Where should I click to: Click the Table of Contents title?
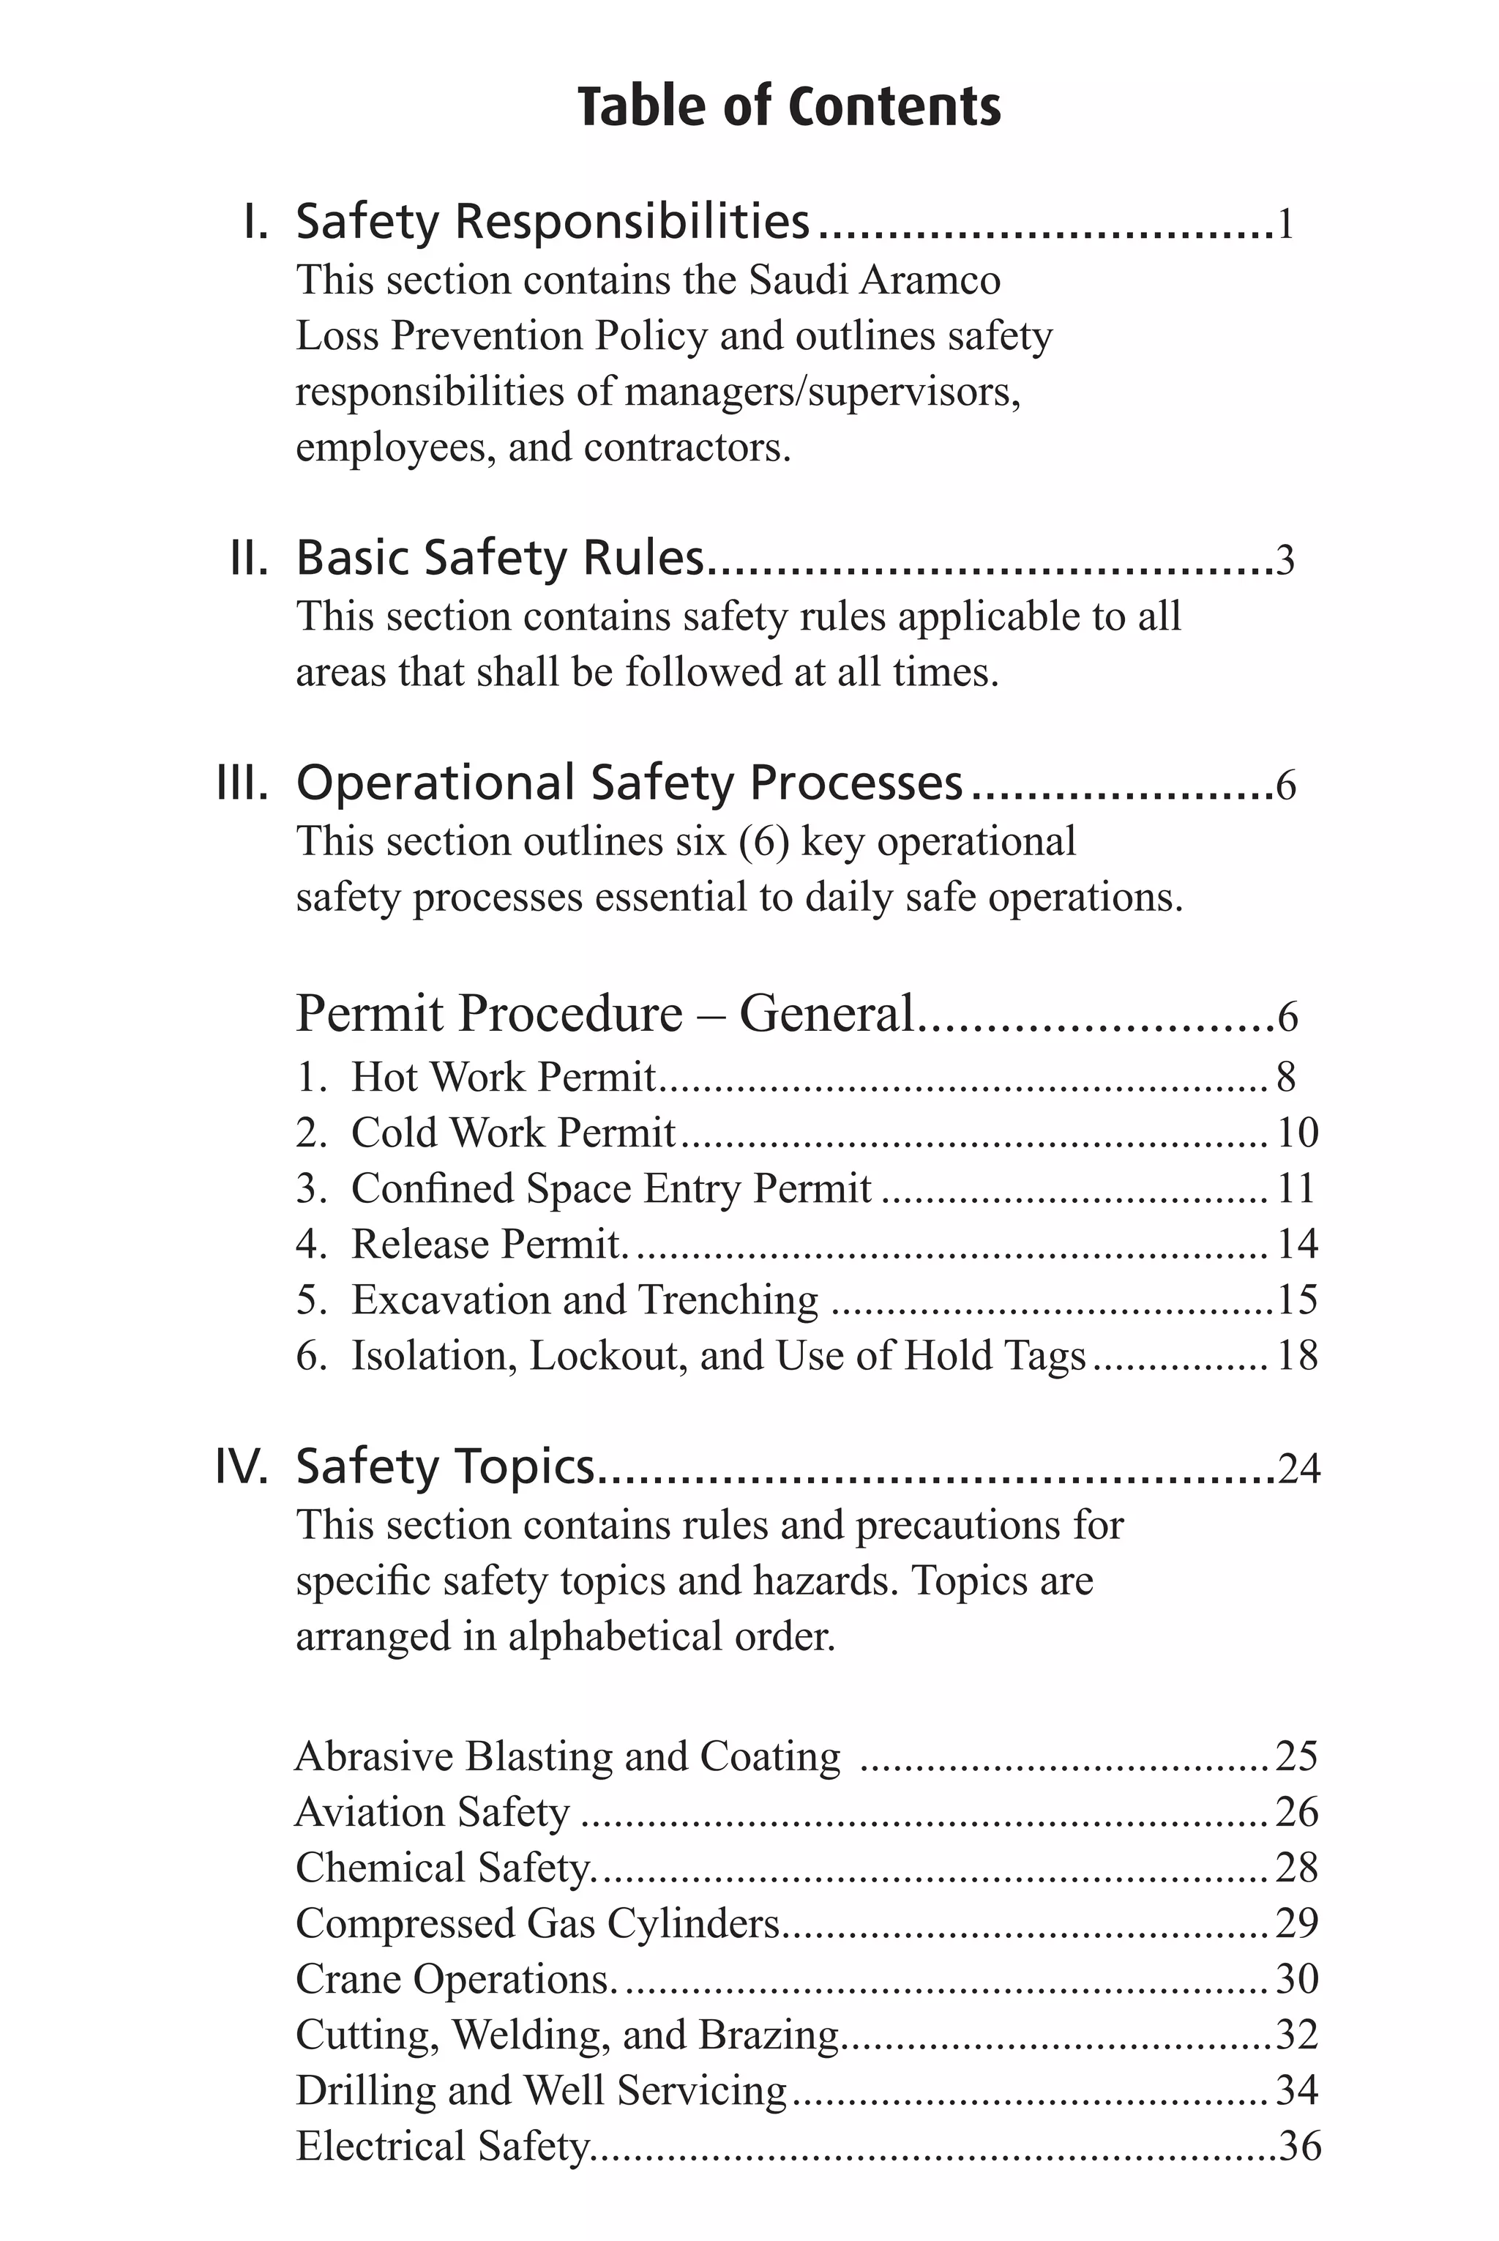[x=789, y=106]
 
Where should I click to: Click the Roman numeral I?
[x=255, y=222]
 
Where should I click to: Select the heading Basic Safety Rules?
[x=500, y=557]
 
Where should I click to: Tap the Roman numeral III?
[x=243, y=782]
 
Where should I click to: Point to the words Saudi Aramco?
[x=874, y=280]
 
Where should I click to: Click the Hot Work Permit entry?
[x=503, y=1076]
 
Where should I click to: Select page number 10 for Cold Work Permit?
[x=1297, y=1133]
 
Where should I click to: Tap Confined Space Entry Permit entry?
[x=611, y=1188]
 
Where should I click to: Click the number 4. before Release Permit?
[x=312, y=1244]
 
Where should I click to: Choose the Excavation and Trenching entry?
[x=584, y=1300]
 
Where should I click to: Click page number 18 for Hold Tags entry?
[x=1297, y=1356]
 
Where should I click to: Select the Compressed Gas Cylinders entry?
[x=538, y=1923]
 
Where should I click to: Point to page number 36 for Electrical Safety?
[x=1299, y=2147]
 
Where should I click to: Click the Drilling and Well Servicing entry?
[x=541, y=2090]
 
